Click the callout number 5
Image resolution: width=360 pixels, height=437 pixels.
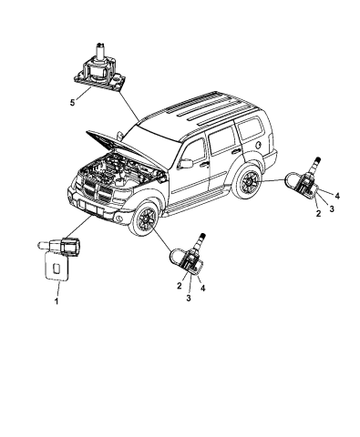point(71,104)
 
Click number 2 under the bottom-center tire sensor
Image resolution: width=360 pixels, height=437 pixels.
point(180,286)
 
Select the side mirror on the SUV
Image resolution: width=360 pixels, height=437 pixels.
point(188,162)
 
